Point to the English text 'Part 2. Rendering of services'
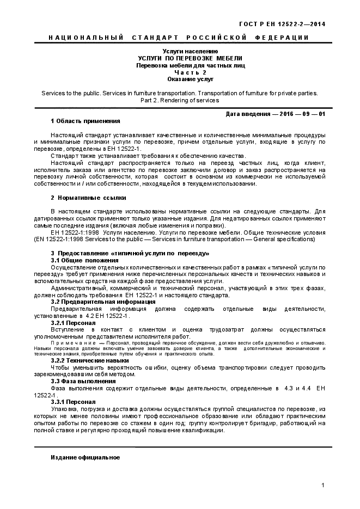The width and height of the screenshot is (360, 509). coord(180,100)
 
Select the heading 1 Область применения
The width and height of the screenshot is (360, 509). coord(85,121)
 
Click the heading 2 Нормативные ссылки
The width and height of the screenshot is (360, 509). coord(88,198)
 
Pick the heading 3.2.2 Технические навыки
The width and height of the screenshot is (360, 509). coord(90,360)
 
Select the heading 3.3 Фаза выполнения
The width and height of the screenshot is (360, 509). coord(83,381)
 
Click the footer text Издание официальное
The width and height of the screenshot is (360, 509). coord(85,456)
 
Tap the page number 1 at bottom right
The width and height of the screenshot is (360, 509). coord(323,485)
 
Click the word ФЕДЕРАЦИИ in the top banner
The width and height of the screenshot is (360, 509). coord(282,38)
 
